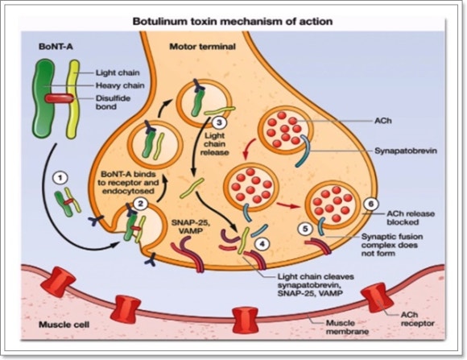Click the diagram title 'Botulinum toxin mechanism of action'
point(233,22)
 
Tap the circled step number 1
point(60,178)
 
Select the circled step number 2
point(140,204)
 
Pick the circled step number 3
point(219,122)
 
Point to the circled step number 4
point(262,244)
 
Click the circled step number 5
point(305,229)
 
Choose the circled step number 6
point(371,204)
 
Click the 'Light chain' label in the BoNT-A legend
point(118,72)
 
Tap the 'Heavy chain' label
point(120,86)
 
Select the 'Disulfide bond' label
point(114,102)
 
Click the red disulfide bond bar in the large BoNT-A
point(59,98)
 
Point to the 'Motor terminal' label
point(203,47)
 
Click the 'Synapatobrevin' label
point(406,151)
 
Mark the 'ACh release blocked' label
point(411,217)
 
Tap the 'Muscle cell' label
point(64,325)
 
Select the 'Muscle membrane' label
point(347,327)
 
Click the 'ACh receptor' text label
point(417,319)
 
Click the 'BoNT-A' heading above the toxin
point(56,47)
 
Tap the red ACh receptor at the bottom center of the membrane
point(245,321)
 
